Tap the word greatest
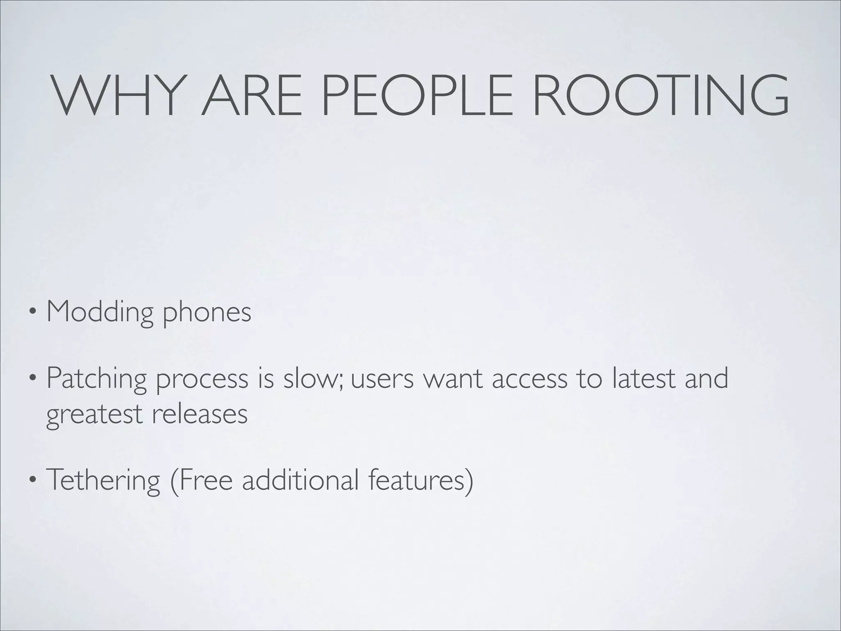(x=94, y=415)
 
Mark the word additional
(x=298, y=480)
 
